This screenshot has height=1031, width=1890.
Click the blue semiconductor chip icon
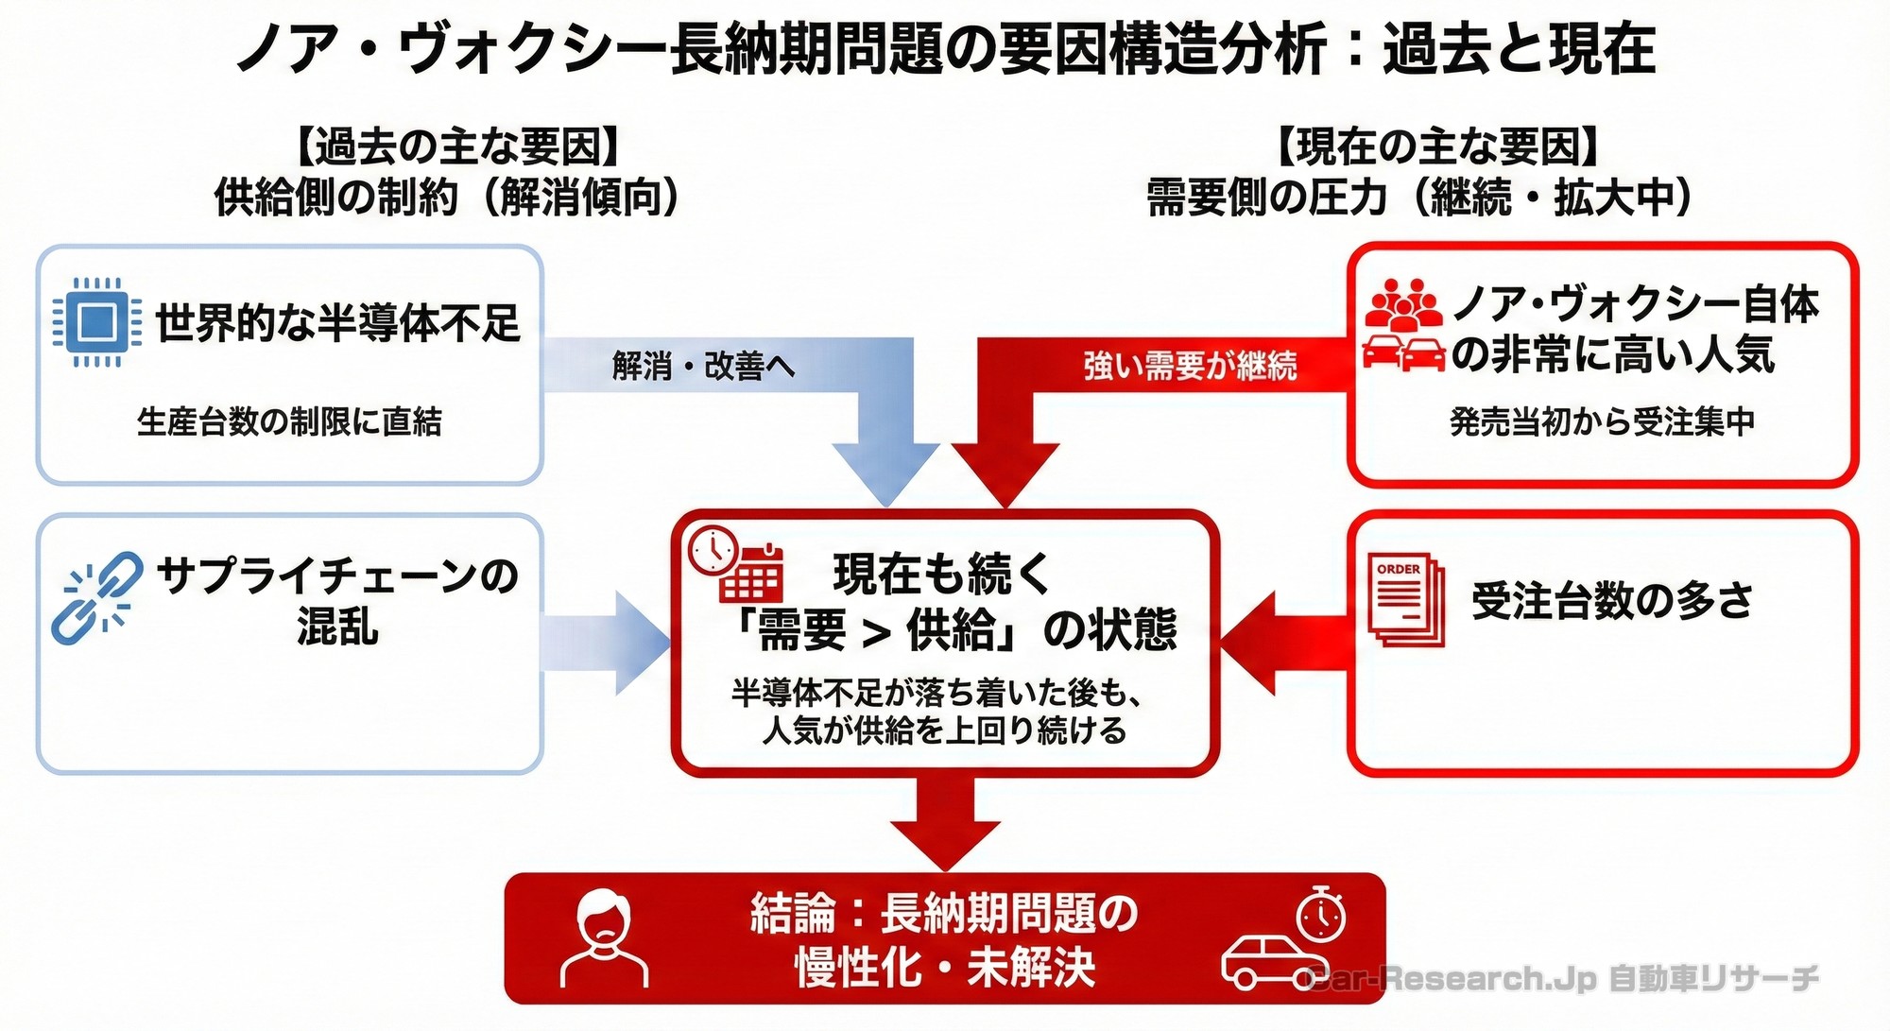coord(96,322)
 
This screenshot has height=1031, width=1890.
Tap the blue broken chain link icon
coord(96,597)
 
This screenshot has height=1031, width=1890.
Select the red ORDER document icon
coord(1406,599)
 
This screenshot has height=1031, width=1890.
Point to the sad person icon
coord(604,936)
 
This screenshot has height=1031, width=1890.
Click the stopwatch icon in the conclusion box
coord(1320,914)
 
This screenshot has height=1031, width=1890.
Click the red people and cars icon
coord(1403,325)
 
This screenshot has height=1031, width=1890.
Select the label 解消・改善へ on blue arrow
coord(703,366)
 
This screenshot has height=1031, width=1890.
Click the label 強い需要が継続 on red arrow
coord(1190,366)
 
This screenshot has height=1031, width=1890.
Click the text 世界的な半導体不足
coord(337,323)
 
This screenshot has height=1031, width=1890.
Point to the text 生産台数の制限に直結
coord(289,421)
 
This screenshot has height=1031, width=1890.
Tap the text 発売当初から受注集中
coord(1602,421)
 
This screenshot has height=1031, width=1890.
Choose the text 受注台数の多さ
coord(1612,600)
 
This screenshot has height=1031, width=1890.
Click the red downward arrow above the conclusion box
coord(945,822)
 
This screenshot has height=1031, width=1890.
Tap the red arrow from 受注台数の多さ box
coord(1285,644)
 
